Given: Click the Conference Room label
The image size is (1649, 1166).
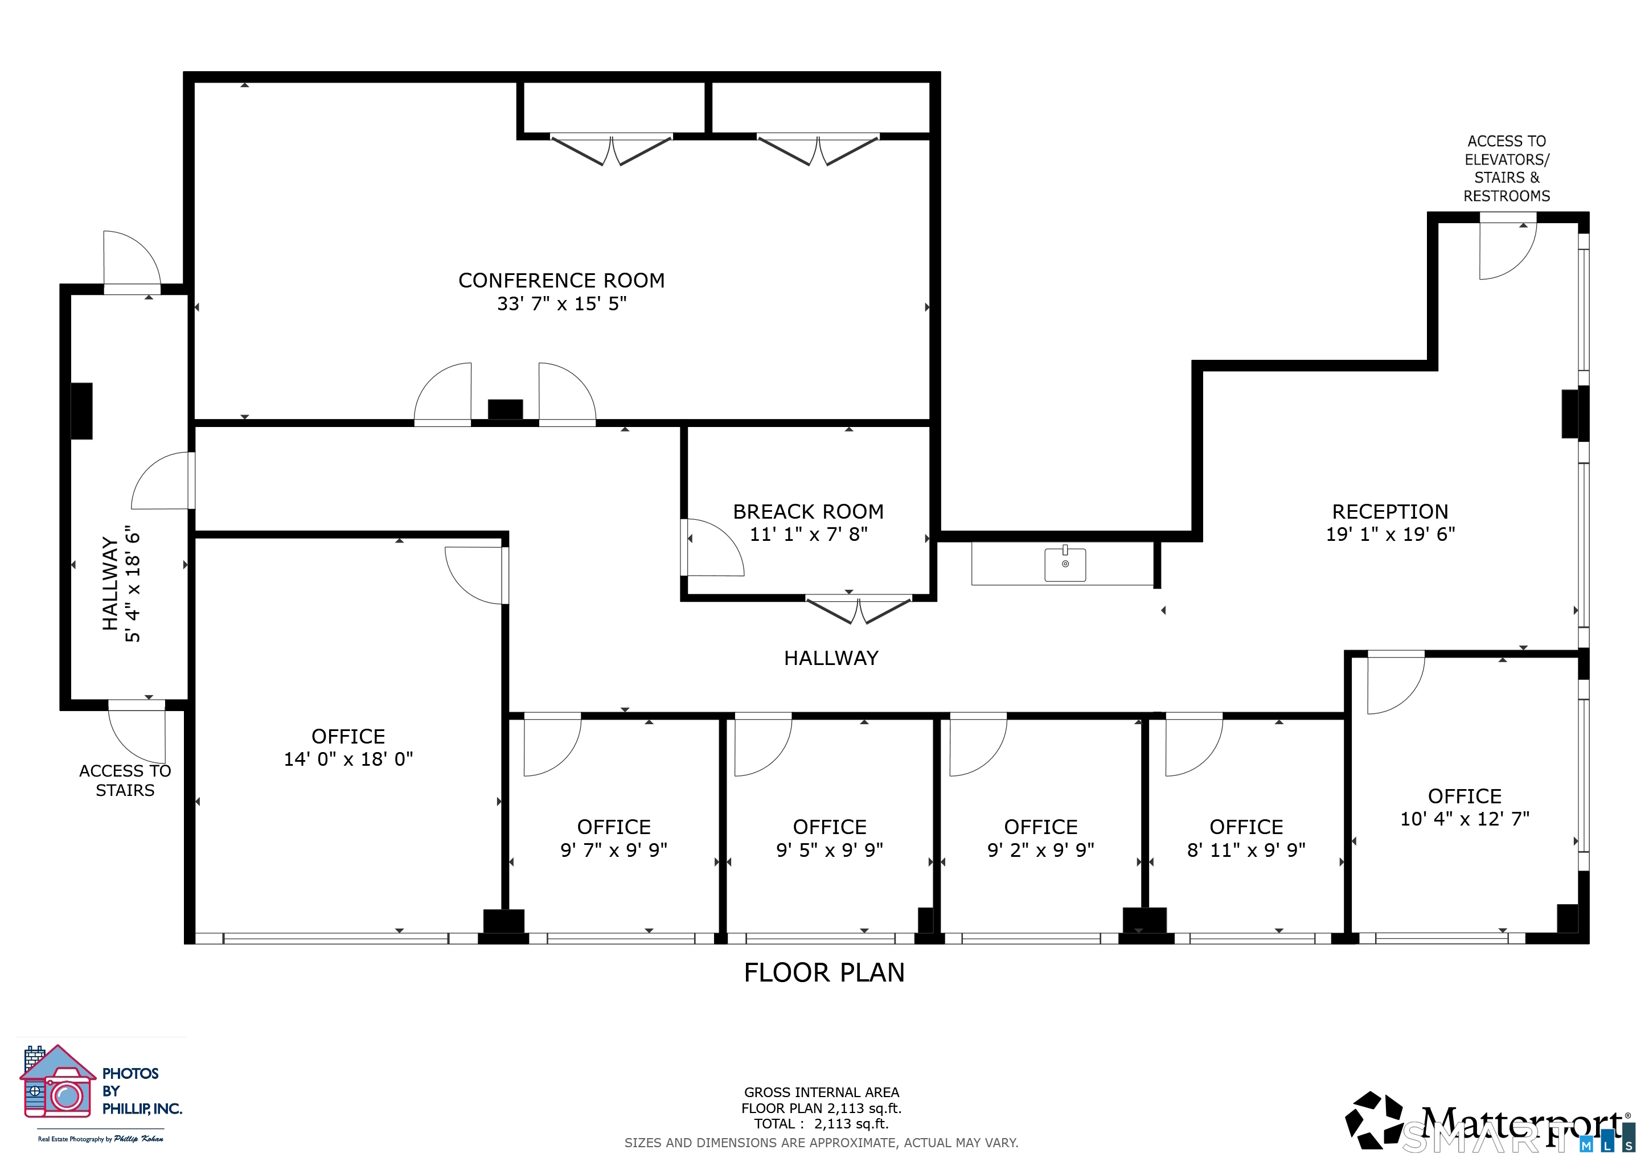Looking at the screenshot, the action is (x=561, y=280).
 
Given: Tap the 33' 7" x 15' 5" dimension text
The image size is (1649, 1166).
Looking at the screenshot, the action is (x=561, y=303).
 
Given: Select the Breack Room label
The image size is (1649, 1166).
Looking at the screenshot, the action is (x=808, y=511).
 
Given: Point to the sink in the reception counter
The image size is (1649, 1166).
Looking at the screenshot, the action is (x=1065, y=564).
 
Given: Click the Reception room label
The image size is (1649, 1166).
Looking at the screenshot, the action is (x=1390, y=511).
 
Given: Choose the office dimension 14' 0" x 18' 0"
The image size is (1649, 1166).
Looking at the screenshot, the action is (x=348, y=759).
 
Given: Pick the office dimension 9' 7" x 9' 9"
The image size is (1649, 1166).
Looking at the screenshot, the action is (x=614, y=850).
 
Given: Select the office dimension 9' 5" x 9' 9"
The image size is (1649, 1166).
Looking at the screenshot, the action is (x=830, y=850).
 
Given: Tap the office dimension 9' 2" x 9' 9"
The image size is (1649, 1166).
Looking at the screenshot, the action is (x=1041, y=850).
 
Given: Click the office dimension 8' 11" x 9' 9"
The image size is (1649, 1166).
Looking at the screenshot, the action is (x=1246, y=850).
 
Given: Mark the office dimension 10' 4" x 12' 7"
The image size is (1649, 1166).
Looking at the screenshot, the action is (x=1465, y=819).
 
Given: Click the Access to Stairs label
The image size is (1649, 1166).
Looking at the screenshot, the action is (x=125, y=781).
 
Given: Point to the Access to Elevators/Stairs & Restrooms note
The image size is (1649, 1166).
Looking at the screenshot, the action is (x=1507, y=168).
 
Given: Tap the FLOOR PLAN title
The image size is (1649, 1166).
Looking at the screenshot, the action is (x=824, y=972).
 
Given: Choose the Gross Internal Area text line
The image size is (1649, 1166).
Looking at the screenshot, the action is (x=822, y=1092).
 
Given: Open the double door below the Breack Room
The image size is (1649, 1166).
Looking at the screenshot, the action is (x=859, y=610).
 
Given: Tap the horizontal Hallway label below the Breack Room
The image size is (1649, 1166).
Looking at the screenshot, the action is (x=831, y=658).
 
